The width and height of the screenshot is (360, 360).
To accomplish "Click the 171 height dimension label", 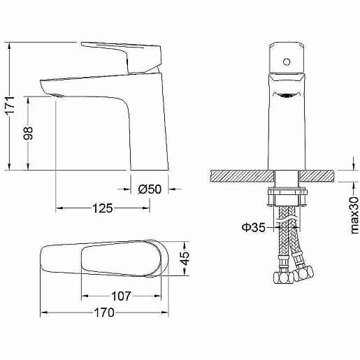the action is (x=10, y=105).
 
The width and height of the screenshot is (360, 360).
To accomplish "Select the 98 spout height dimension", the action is (x=29, y=134).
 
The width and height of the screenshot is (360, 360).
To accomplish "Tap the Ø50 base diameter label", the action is (x=150, y=189).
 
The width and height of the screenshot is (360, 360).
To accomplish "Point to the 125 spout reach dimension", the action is (x=103, y=208).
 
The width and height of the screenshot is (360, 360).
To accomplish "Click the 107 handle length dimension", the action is (x=121, y=296).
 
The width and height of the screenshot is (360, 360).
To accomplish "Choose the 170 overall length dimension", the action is (x=104, y=312).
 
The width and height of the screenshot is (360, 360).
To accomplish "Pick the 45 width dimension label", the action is (x=186, y=259).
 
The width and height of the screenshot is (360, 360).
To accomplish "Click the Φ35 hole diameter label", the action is (x=254, y=227).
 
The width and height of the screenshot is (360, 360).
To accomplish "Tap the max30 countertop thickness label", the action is (x=354, y=215).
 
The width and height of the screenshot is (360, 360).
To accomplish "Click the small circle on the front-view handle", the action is (x=287, y=62).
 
